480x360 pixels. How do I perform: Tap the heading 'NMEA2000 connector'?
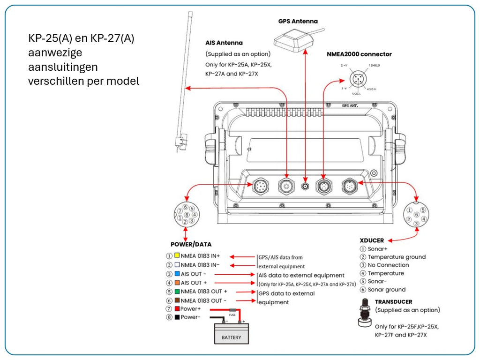359,54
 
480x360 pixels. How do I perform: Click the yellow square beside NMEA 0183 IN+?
177,256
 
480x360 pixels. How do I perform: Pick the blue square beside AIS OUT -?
177,274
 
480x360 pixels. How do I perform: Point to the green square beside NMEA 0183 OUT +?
177,292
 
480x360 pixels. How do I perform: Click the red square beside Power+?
177,309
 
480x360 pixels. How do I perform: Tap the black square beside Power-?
177,317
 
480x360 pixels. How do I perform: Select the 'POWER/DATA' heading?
191,244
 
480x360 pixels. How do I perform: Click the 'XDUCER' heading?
371,240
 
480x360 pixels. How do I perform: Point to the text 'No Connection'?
388,265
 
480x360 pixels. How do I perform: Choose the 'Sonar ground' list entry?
386,290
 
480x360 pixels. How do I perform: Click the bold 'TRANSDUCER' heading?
393,302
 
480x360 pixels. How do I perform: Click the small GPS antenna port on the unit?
306,186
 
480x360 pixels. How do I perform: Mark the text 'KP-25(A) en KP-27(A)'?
81,39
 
